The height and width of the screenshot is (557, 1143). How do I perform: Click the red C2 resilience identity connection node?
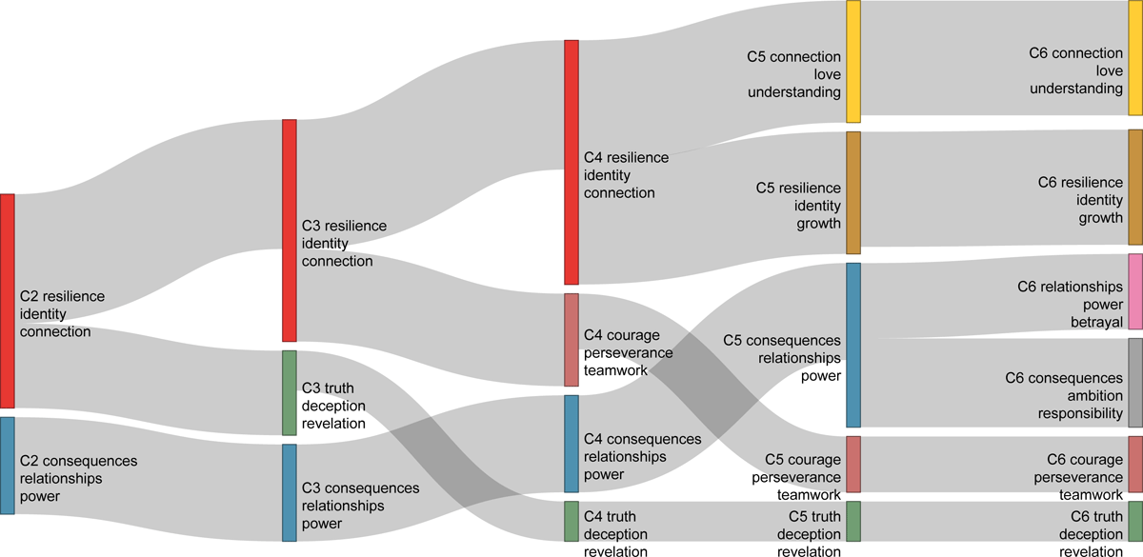[x=7, y=301]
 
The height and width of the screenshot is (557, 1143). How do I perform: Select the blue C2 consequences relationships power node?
[x=7, y=466]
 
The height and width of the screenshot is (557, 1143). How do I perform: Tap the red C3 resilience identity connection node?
[x=290, y=230]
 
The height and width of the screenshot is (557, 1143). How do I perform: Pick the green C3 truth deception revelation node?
[x=290, y=392]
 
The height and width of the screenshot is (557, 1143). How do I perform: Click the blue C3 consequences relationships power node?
[x=290, y=492]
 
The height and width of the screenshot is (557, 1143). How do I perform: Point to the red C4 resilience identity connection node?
[x=571, y=162]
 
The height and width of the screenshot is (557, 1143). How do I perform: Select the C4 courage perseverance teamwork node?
[x=571, y=339]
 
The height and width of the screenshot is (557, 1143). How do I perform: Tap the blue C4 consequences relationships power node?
[x=571, y=444]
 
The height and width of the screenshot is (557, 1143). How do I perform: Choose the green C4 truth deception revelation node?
[x=571, y=521]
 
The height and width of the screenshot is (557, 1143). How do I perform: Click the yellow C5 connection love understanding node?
[x=853, y=62]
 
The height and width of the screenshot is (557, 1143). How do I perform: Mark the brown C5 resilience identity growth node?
[x=853, y=192]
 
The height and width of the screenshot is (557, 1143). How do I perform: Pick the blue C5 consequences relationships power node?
[x=853, y=345]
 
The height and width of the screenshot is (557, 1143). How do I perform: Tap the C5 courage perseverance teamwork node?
[x=853, y=464]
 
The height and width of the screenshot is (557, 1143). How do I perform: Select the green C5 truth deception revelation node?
[x=853, y=521]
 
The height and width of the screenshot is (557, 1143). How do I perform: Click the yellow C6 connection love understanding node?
[x=1135, y=59]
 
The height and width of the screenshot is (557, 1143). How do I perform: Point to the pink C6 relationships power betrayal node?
[x=1135, y=291]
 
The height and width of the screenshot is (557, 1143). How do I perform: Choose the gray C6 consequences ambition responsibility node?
[x=1135, y=382]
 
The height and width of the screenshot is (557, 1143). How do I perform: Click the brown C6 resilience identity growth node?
[x=1135, y=188]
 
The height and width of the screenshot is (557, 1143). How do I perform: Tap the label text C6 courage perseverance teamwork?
[x=1071, y=476]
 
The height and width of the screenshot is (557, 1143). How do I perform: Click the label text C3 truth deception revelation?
[x=333, y=406]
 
